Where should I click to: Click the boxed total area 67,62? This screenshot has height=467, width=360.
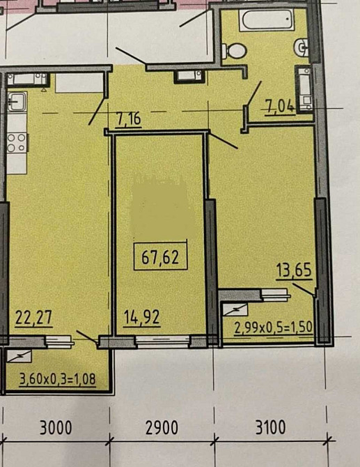(160, 257)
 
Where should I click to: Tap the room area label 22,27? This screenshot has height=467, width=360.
(33, 317)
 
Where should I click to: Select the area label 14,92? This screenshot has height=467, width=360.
(142, 317)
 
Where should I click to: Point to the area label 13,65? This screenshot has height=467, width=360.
(294, 270)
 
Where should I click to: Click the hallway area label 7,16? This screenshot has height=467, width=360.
(129, 119)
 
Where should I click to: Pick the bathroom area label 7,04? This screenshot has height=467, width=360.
(279, 107)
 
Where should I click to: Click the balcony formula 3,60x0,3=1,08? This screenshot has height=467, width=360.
(58, 379)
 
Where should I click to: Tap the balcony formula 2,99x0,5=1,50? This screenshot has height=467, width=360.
(274, 328)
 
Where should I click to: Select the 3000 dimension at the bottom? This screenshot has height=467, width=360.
(56, 428)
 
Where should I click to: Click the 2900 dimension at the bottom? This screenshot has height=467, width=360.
(162, 428)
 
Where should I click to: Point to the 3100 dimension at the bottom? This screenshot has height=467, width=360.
(270, 427)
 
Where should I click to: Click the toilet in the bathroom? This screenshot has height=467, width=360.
(235, 51)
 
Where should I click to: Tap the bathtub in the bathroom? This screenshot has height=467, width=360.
(267, 20)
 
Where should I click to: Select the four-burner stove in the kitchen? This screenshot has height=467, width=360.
(17, 143)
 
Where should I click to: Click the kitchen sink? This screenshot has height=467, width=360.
(17, 102)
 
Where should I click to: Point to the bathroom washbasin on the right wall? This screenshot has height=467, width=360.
(302, 47)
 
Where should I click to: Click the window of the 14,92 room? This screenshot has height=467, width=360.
(163, 342)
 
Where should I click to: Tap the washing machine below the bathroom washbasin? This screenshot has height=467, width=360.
(304, 89)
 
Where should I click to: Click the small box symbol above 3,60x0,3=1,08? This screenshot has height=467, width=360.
(19, 356)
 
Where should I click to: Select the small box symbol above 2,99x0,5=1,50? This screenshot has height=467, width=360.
(235, 310)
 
